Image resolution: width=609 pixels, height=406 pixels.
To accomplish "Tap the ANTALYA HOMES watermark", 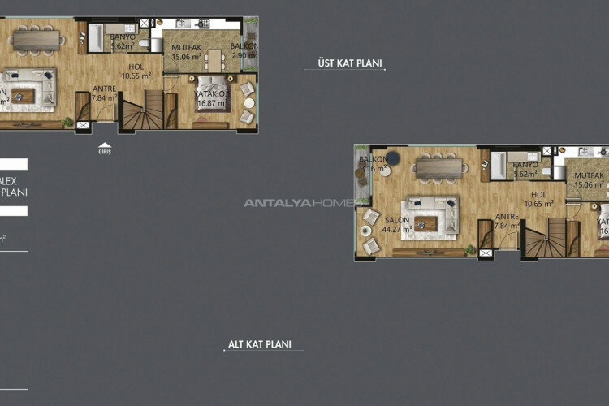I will tap(298, 203).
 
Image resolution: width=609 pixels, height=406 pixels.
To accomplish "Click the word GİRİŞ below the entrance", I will tap(104, 152).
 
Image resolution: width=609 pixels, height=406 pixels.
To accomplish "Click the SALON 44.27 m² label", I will tap(396, 225).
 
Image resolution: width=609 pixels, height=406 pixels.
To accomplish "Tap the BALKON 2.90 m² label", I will tap(243, 51).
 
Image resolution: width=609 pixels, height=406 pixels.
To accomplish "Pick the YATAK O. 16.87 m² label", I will tap(209, 98).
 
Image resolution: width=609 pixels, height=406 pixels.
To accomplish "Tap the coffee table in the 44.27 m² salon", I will tap(427, 221).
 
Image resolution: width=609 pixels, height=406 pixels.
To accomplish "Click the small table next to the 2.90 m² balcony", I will tap(214, 58).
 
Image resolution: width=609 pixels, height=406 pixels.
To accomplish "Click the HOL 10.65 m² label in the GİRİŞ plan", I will tap(136, 71).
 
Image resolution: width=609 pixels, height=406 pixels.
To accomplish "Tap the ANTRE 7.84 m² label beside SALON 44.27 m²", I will tap(508, 221).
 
